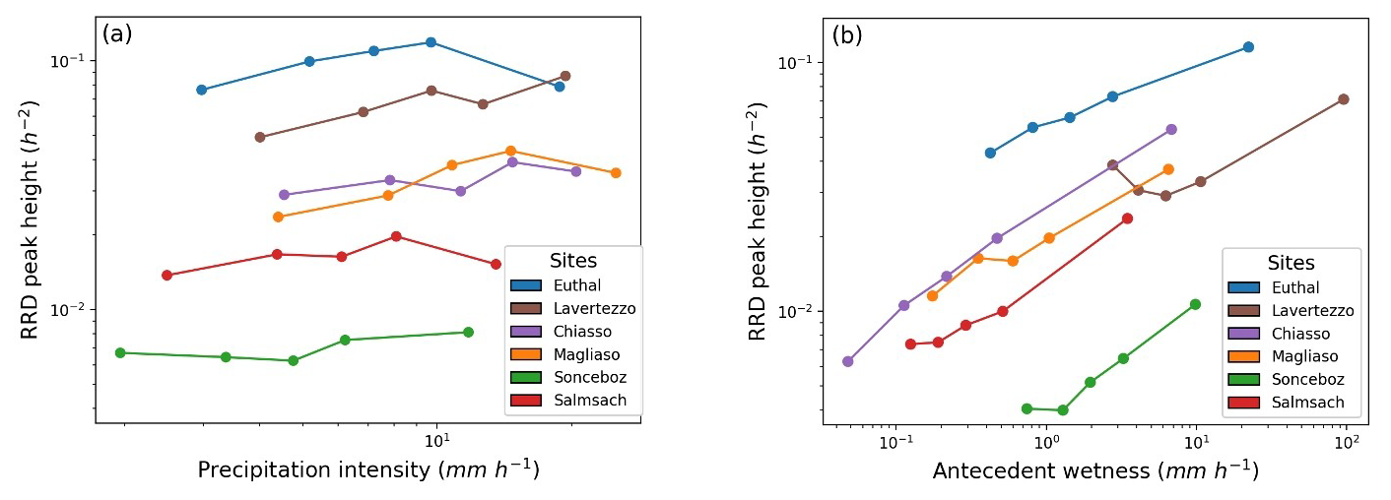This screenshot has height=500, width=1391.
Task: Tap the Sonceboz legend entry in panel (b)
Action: point(1307,379)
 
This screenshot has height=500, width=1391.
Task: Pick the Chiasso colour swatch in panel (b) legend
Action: point(1246,334)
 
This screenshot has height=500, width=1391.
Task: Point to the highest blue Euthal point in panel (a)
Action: point(431,42)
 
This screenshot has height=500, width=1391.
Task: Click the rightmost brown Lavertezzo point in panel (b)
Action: point(1343,99)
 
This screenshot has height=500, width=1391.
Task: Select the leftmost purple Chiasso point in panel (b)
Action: point(848,361)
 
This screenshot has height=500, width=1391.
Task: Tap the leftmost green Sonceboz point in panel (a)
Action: point(120,352)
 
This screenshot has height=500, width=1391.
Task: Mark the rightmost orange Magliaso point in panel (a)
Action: point(616,173)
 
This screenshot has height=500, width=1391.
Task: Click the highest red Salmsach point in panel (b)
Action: point(1127,219)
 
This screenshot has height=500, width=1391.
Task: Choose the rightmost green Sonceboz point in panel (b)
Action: point(1195,304)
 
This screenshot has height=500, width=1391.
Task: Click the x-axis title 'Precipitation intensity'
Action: point(368,470)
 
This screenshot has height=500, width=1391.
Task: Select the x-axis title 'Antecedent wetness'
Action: point(1094,470)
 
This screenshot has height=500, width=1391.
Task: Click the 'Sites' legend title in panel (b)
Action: point(1291,264)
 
